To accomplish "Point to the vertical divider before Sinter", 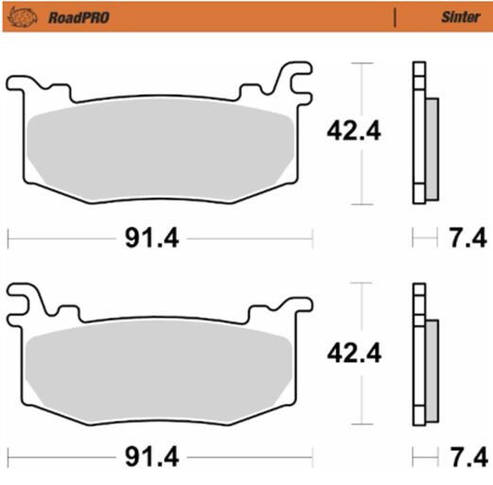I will pos(395,15).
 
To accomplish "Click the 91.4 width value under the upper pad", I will pos(152,238).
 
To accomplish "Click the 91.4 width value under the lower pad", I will pos(152,457).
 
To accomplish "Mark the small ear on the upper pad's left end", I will pos(21,89).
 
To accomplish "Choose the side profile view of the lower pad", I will pos(423,355).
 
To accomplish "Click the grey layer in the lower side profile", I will pos(432,371).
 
